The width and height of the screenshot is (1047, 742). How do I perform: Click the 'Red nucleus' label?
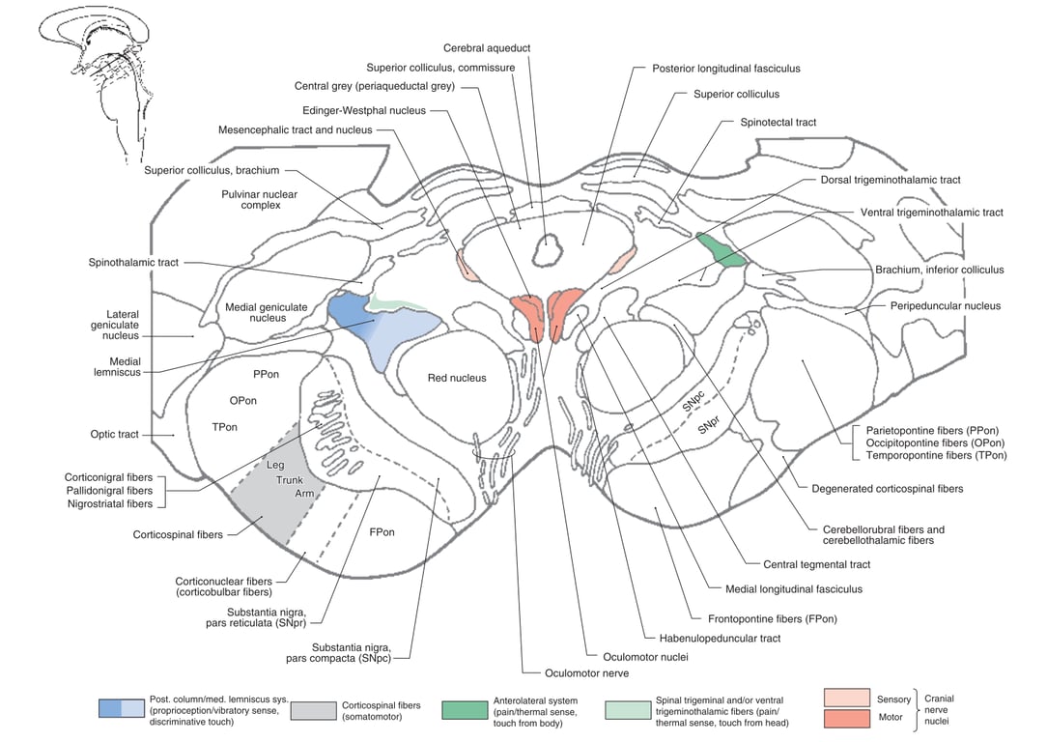tap(457, 378)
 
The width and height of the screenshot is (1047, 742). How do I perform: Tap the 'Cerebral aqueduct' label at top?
tap(487, 48)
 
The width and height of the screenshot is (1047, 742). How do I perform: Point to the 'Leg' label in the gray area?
tap(276, 465)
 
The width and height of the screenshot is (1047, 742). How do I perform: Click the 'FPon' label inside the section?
tap(382, 532)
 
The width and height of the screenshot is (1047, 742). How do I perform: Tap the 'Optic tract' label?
tap(115, 435)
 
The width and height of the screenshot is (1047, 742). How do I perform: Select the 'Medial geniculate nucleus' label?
tap(266, 313)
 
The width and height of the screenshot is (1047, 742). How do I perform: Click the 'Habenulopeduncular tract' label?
tap(714, 639)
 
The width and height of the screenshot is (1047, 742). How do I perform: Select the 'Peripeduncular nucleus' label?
tap(944, 306)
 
